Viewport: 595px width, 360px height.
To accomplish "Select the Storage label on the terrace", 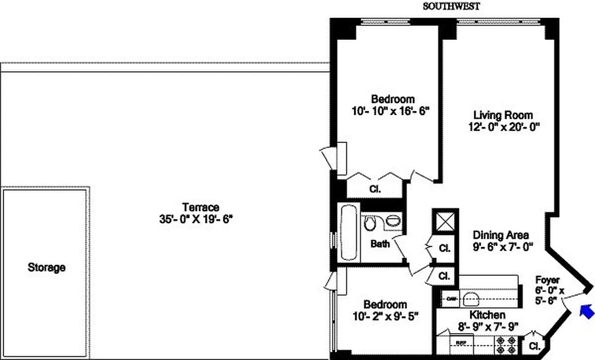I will pyautogui.click(x=46, y=267).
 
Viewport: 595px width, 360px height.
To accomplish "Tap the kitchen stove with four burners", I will pyautogui.click(x=506, y=345).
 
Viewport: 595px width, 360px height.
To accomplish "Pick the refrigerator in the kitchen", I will pyautogui.click(x=460, y=345).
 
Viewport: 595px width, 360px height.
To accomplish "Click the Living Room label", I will pyautogui.click(x=503, y=115).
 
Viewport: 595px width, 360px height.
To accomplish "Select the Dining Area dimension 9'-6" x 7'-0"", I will pyautogui.click(x=503, y=246).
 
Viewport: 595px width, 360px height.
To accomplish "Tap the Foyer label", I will pyautogui.click(x=547, y=280).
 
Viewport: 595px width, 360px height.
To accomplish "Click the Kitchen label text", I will pyautogui.click(x=487, y=315).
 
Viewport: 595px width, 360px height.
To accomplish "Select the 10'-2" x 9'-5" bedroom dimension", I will pyautogui.click(x=386, y=316).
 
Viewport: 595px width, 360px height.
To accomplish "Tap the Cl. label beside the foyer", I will pyautogui.click(x=534, y=346).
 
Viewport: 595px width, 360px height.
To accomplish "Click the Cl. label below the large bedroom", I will pyautogui.click(x=375, y=189).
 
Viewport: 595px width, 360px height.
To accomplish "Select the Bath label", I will pyautogui.click(x=380, y=244).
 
